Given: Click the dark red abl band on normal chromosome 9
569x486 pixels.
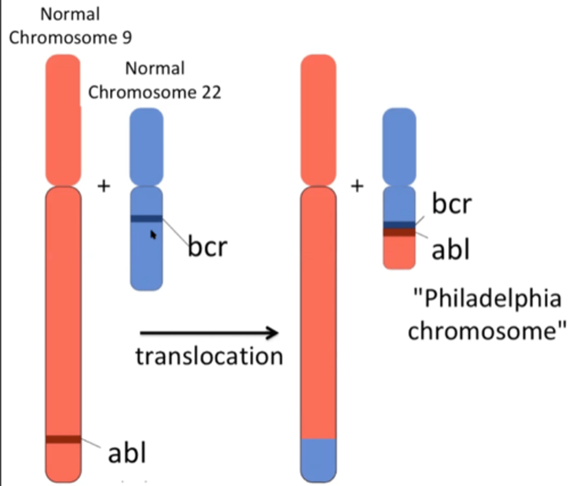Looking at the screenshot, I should click(63, 439).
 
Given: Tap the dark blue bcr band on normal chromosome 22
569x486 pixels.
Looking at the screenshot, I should click(146, 219).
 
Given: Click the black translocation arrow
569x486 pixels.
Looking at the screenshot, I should click(209, 333).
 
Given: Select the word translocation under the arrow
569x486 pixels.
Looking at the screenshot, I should click(209, 356).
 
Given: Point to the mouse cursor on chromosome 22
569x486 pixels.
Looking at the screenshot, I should click(153, 234).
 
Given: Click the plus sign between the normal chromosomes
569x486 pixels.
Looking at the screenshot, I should click(104, 186).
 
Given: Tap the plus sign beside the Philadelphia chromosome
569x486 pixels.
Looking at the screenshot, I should click(357, 186).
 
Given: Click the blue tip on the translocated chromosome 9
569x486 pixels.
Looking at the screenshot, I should click(318, 460).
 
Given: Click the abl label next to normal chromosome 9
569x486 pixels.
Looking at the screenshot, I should click(126, 453).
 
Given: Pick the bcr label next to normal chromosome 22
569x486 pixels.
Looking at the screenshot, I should click(207, 246).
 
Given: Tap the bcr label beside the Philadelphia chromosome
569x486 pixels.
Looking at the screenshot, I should click(452, 203).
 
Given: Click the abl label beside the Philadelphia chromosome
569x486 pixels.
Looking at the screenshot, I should click(450, 249).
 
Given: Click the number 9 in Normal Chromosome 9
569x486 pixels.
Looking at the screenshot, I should click(127, 38).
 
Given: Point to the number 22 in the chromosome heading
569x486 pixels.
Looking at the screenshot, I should click(211, 92).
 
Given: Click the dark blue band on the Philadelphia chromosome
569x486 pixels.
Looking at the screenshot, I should click(399, 225).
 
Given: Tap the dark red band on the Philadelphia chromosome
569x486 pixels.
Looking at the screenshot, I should click(399, 232).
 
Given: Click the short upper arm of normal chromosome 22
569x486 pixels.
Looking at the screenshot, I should click(146, 146).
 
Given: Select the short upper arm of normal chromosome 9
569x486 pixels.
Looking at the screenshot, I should click(63, 119).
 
